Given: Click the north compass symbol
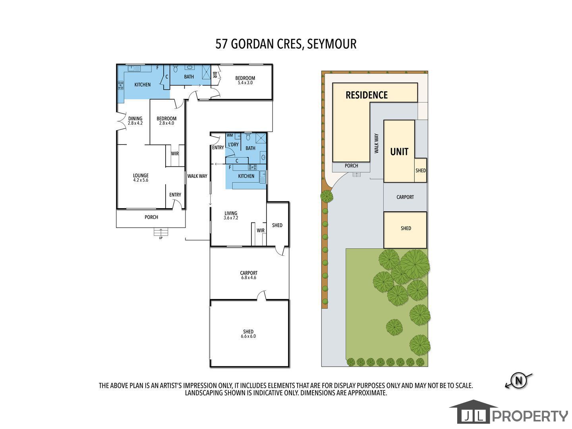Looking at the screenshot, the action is (519, 381).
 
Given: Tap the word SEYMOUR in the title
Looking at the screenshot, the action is (332, 44).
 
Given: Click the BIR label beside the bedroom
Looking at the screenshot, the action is (215, 75).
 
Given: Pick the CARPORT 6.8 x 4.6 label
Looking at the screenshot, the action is (249, 275).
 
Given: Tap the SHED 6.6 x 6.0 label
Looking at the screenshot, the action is (248, 334).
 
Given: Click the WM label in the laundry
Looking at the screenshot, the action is (230, 135).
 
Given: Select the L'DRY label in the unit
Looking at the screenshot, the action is (233, 145).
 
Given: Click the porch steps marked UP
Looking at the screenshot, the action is (161, 232).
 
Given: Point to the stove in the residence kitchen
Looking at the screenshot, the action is (121, 85).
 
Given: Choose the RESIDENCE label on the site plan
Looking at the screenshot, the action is (367, 95).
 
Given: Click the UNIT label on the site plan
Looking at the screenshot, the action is (399, 152).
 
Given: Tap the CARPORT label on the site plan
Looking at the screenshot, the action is (405, 197).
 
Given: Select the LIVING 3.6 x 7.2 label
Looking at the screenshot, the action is (231, 215).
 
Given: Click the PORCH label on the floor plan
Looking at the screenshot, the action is (151, 217).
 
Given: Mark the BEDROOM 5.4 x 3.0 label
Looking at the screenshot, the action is (245, 80).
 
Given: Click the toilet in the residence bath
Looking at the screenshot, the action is (176, 69).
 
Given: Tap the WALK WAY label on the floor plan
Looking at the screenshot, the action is (197, 176).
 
